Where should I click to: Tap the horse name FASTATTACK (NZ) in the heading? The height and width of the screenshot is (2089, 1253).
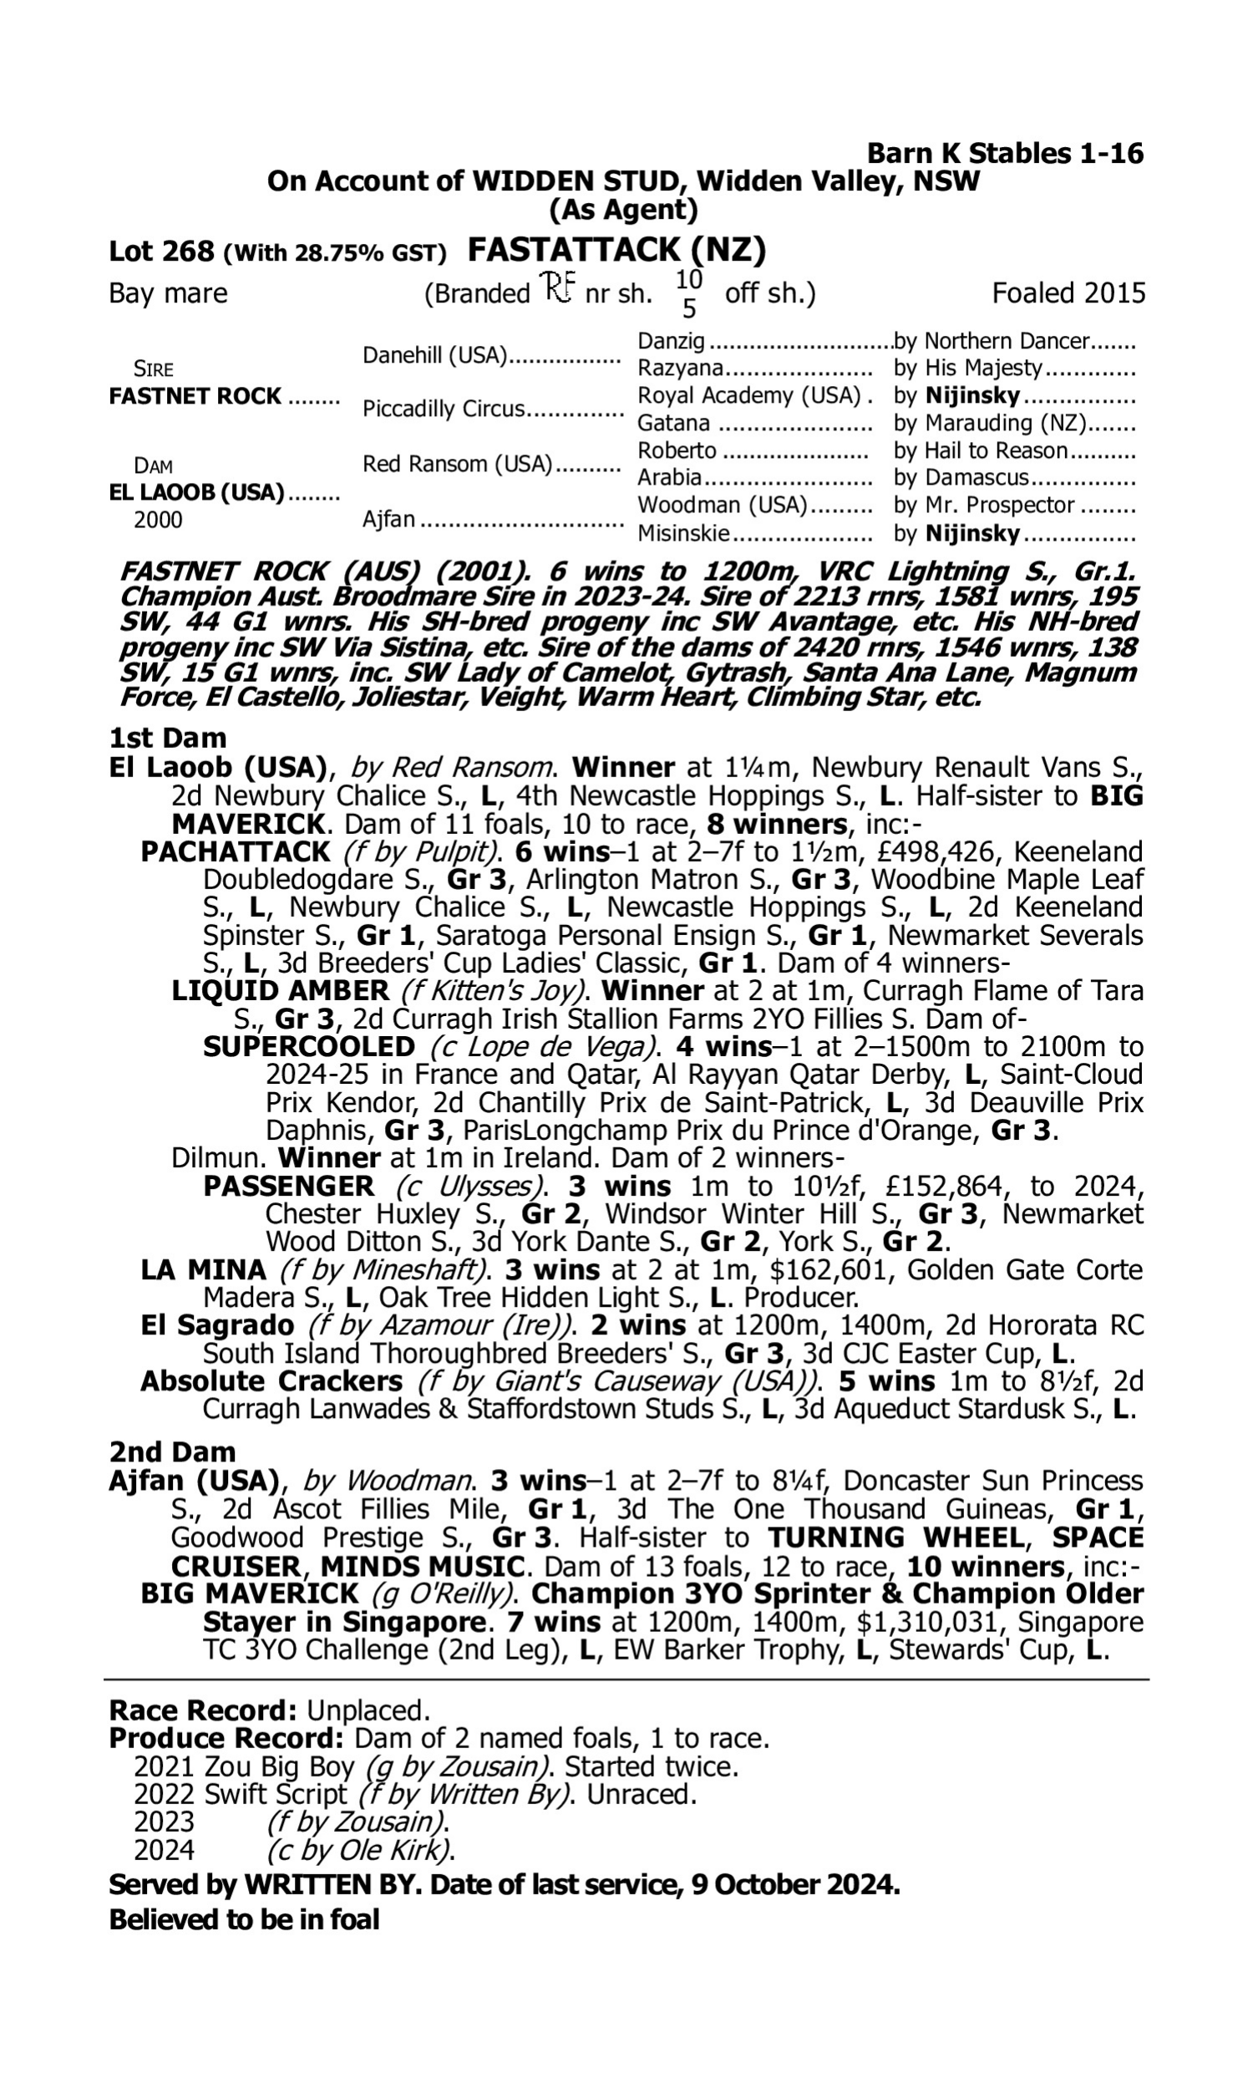click(616, 250)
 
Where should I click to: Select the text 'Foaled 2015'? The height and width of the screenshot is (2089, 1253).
click(1068, 293)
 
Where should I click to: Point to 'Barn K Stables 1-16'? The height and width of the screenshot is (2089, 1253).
click(1005, 154)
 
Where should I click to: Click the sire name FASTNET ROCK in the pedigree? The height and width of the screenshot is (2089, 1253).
click(195, 396)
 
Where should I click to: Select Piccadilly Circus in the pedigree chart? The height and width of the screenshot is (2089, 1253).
click(444, 409)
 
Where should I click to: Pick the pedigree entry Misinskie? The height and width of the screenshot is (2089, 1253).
click(683, 534)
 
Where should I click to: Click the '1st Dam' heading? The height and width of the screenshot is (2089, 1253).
click(167, 738)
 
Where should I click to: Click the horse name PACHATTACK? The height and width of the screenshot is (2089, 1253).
click(236, 851)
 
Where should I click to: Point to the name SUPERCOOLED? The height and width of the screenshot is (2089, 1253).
click(309, 1046)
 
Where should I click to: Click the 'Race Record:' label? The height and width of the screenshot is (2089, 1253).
click(203, 1710)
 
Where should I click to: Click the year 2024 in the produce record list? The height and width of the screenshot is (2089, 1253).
click(164, 1850)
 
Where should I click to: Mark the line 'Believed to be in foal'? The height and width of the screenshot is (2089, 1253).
click(244, 1919)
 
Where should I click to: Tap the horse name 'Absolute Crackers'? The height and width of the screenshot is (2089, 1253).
click(271, 1381)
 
